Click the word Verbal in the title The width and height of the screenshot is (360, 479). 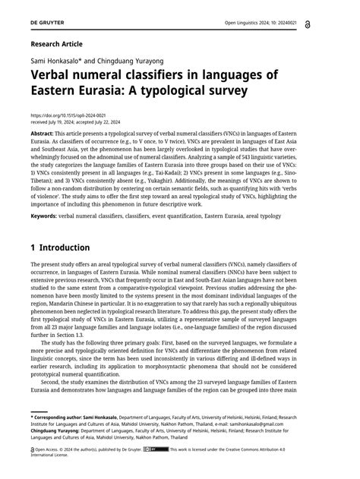[x=56, y=76]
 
